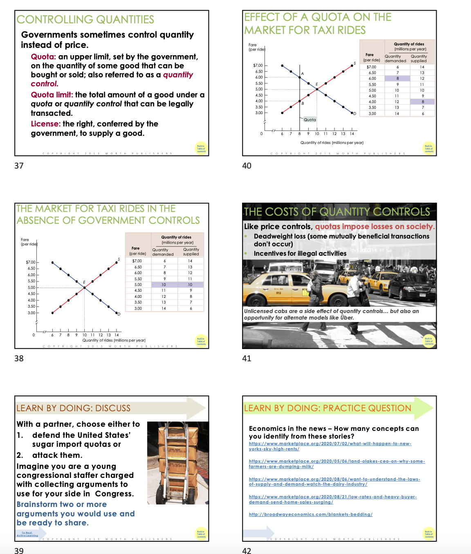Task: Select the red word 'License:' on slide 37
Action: (x=46, y=124)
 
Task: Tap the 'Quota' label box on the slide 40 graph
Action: (x=310, y=119)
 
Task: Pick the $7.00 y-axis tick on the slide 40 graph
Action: (x=258, y=65)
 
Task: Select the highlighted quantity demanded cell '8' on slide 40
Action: (x=397, y=79)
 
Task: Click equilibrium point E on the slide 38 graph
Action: (x=85, y=288)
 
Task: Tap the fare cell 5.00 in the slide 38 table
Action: (x=138, y=285)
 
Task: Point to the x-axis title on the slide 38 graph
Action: (x=114, y=340)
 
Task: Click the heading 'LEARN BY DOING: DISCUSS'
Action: (x=74, y=408)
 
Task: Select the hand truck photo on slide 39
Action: (x=178, y=462)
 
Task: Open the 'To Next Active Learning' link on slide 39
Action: (x=27, y=534)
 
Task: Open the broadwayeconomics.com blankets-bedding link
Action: (x=310, y=514)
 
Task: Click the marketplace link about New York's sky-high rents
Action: (x=330, y=446)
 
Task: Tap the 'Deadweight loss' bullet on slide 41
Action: (x=341, y=240)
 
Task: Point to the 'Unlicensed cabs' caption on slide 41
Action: (x=331, y=314)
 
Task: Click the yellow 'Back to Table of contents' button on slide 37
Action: (x=201, y=149)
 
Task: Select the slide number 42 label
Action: (x=247, y=551)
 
